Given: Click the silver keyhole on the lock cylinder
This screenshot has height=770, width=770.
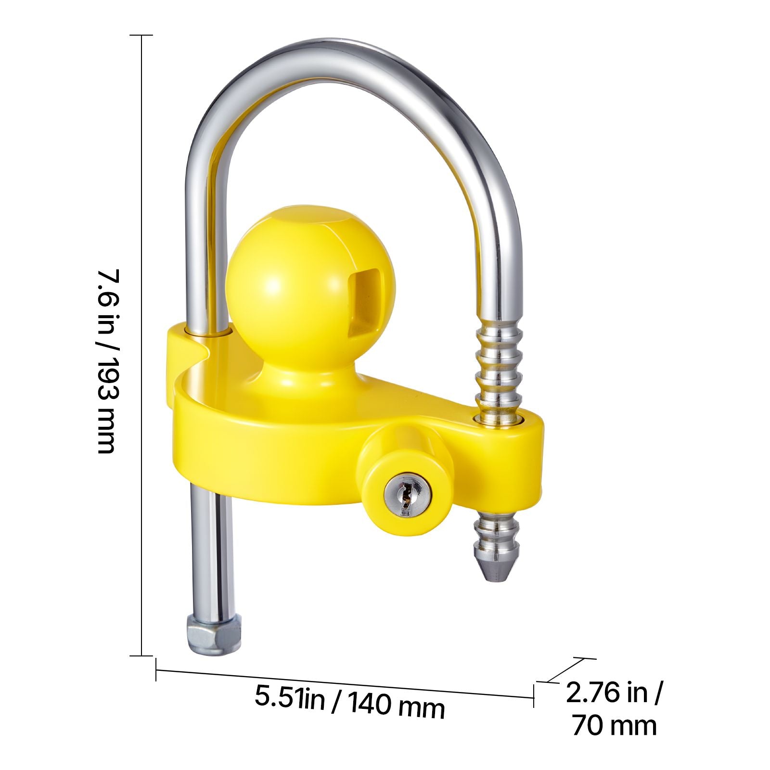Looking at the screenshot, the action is click(x=408, y=496).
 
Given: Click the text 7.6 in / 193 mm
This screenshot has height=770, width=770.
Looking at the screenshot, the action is click(x=106, y=361).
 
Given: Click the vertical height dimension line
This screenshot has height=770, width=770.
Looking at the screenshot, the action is click(x=141, y=345).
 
